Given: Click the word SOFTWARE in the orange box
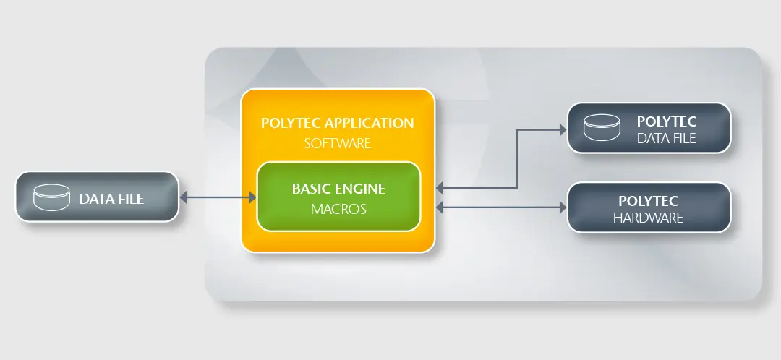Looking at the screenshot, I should pos(337,143).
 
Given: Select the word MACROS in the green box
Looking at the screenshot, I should pos(338,210).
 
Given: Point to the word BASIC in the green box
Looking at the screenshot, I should pos(310,189).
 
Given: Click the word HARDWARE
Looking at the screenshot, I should pos(648,218).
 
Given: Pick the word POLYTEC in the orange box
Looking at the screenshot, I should pos(289,123).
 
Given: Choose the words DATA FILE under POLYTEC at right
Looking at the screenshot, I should pos(666,138).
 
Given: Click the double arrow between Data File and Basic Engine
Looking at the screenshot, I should pos(218,197).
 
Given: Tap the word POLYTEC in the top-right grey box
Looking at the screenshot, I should pos(666,121).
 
